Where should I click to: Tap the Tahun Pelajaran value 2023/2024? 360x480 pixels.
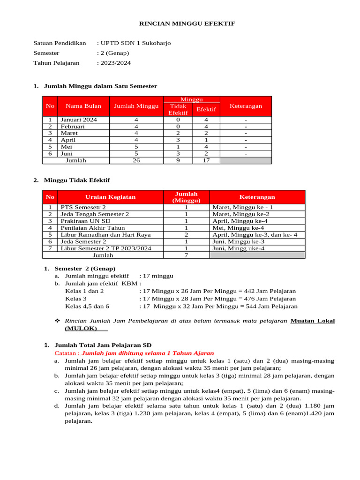point(115,63)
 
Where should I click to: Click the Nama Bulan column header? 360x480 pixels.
point(83,106)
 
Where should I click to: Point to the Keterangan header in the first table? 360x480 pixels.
point(246,106)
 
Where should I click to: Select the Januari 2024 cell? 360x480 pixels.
point(79,120)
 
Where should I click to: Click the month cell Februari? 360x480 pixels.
point(73,127)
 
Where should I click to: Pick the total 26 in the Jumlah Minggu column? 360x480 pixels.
point(136,160)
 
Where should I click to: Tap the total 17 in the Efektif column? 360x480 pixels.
point(206,160)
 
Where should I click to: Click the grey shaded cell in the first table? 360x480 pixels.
point(246,160)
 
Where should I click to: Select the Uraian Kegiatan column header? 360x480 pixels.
point(110,197)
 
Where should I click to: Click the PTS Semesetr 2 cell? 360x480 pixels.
point(83,207)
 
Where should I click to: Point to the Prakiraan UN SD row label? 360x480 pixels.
point(85,221)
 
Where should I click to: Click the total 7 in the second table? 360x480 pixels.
point(186,255)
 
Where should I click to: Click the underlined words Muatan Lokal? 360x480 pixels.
point(313,321)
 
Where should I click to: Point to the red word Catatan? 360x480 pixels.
point(67,353)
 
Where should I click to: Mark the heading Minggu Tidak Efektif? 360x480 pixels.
point(77,180)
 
